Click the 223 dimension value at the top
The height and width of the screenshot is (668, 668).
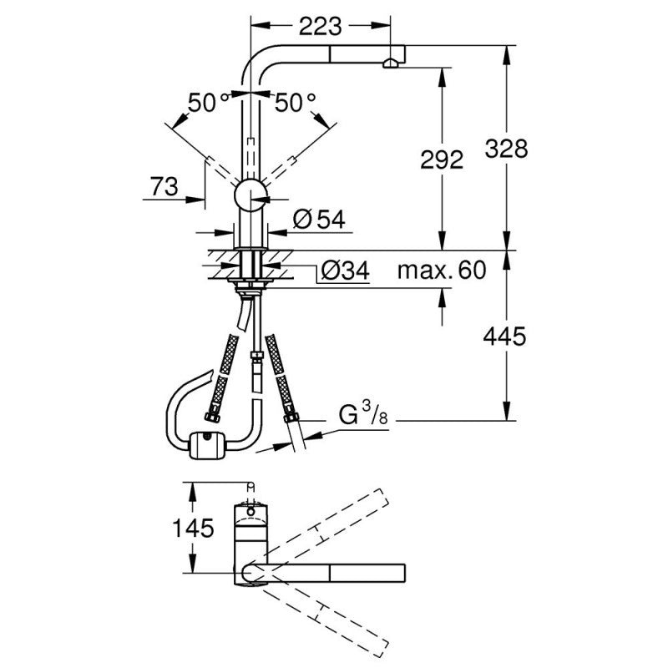(320, 26)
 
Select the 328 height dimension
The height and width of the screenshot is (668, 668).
(506, 149)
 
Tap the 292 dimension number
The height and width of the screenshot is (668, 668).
(443, 160)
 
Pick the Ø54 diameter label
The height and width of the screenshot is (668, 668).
(319, 220)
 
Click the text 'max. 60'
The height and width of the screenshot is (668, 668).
(441, 271)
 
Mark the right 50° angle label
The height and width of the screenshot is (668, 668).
(296, 103)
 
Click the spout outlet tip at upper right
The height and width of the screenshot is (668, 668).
(391, 62)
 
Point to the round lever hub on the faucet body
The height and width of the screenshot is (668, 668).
(250, 195)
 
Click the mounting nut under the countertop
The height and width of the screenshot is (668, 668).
(250, 288)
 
